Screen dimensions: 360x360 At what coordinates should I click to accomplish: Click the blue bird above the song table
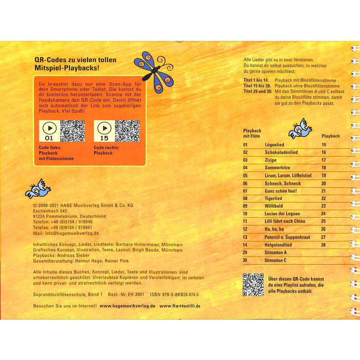tap(299, 130)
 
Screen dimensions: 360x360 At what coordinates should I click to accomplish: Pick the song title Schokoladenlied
tap(281, 153)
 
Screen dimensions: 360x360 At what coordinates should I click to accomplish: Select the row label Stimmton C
tap(276, 260)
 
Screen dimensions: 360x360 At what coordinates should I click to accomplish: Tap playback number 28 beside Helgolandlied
tap(323, 244)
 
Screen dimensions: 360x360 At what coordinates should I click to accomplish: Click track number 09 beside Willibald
tap(245, 206)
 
